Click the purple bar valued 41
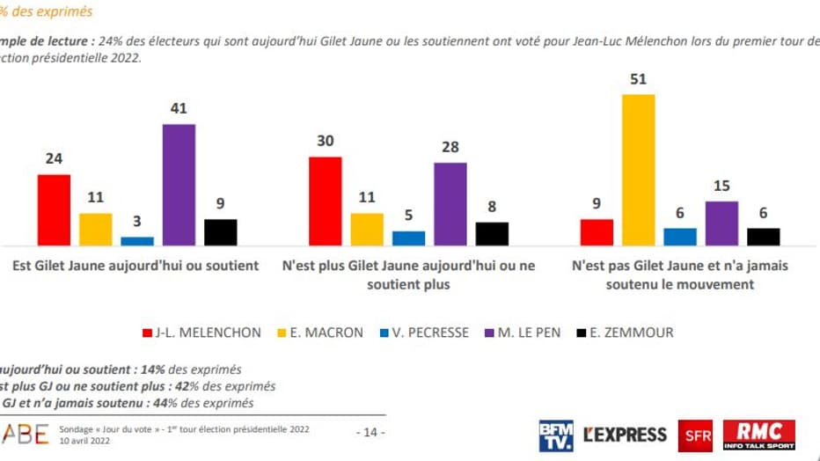(179, 185)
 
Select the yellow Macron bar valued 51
(638, 170)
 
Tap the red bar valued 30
(325, 201)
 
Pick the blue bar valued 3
(137, 241)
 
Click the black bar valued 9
(220, 232)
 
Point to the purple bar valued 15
(721, 223)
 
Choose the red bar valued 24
(54, 210)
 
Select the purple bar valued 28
(450, 204)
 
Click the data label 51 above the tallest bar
(638, 79)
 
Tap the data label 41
(179, 109)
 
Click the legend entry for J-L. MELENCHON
(201, 333)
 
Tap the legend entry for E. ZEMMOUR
(626, 333)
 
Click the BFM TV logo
(556, 435)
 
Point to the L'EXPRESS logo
(626, 435)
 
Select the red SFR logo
(696, 435)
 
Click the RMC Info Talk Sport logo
(759, 435)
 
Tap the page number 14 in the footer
(370, 432)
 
